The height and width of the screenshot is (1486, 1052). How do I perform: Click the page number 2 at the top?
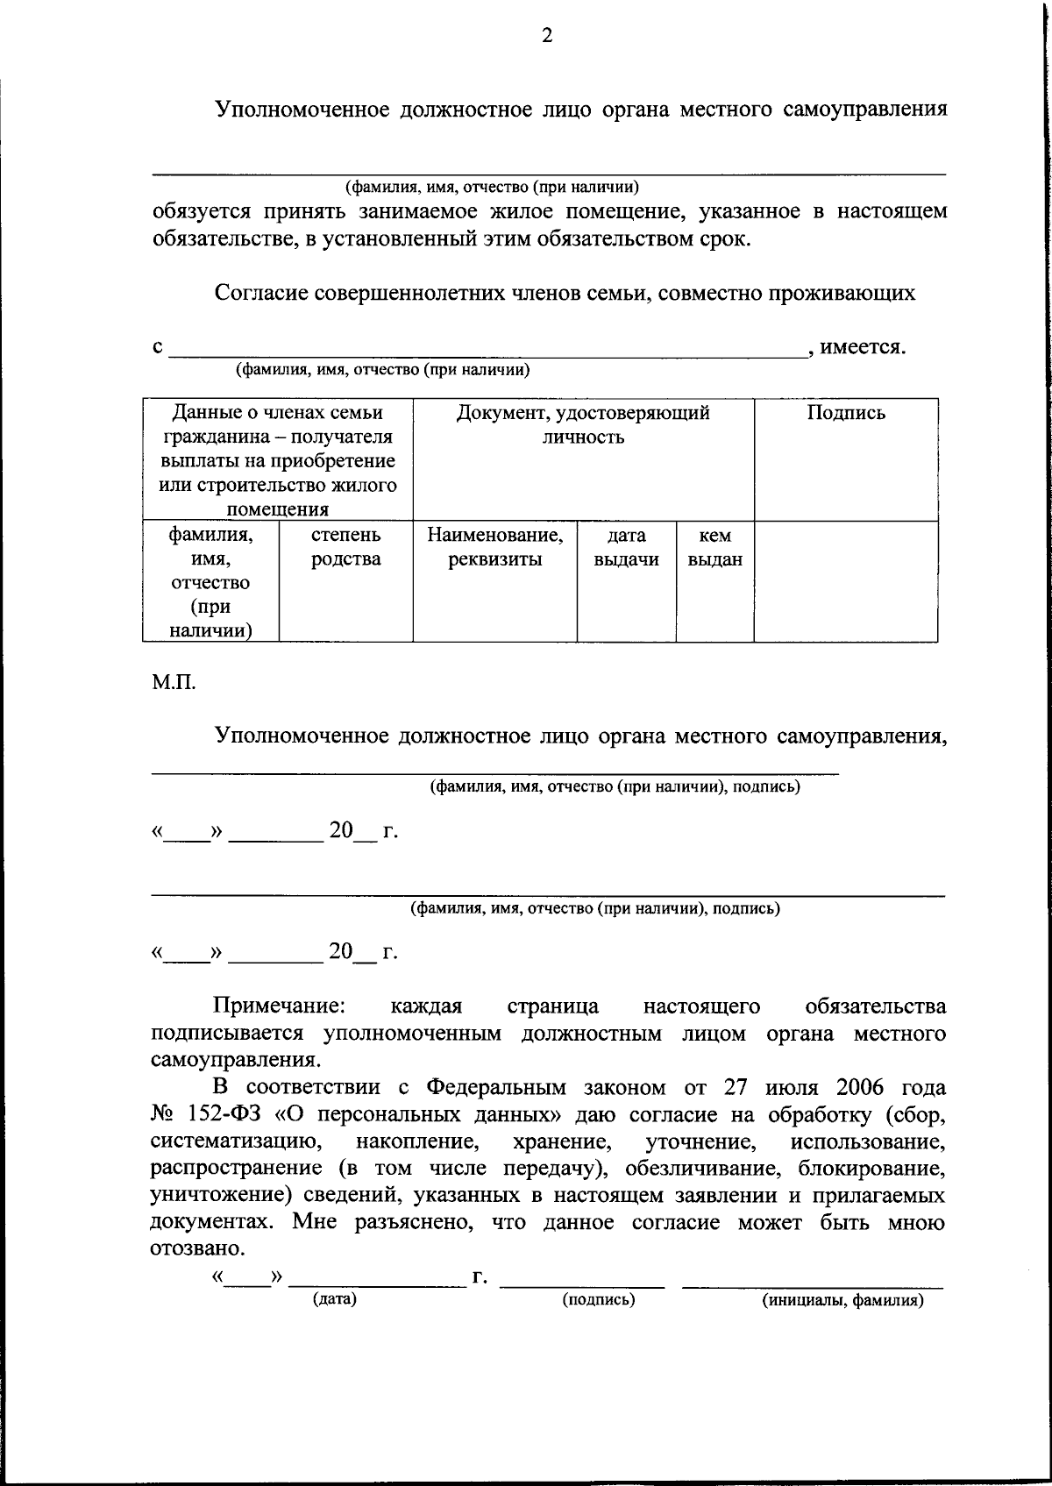547,36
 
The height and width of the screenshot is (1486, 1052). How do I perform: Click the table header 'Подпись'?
846,413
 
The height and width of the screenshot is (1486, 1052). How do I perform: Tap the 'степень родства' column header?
345,546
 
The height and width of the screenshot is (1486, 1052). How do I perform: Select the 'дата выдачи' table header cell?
626,547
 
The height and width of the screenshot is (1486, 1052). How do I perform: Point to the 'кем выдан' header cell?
714,547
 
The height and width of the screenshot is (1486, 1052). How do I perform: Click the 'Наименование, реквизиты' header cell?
494,547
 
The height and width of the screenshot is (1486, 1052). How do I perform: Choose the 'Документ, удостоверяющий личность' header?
583,424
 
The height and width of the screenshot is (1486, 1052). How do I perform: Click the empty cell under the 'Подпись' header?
846,580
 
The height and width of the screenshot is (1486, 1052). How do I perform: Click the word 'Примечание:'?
281,1006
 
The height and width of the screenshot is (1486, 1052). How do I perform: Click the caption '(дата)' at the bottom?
335,1299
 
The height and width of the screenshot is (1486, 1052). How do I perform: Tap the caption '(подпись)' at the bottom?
599,1299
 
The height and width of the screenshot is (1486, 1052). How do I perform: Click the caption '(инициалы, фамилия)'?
842,1300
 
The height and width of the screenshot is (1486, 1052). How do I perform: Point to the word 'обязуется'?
201,211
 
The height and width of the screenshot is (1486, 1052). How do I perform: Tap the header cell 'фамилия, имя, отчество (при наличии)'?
210,582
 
